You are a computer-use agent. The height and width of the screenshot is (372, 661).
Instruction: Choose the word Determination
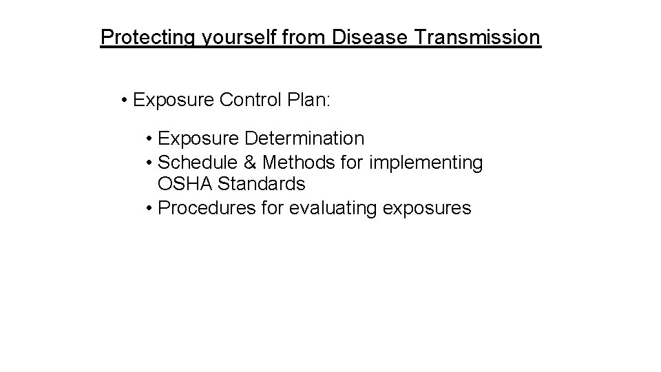[304, 138]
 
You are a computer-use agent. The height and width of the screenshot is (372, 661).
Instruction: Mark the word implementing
[426, 163]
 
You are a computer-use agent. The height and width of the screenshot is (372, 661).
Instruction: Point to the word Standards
[261, 185]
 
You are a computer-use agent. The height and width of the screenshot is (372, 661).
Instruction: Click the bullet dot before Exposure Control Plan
[122, 101]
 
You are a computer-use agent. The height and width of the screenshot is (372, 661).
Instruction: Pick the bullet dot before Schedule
[149, 163]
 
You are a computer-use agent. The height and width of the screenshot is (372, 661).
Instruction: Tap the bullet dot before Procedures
[149, 209]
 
